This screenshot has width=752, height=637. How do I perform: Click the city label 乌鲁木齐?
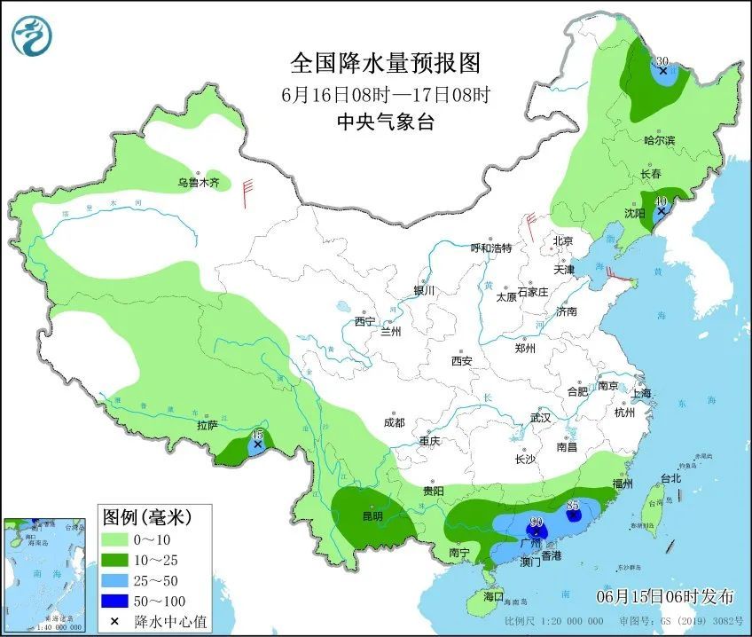[197, 183]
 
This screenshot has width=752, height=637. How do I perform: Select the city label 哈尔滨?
[659, 140]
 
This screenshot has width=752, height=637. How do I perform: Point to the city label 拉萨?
[207, 426]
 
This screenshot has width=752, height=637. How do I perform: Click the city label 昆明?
[372, 515]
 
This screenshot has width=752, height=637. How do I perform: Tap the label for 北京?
[564, 241]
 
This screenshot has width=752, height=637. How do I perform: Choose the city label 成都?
[394, 423]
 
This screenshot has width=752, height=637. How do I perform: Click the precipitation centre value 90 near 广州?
[536, 522]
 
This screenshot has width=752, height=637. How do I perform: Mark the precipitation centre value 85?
[573, 506]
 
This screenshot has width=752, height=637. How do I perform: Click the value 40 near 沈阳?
[660, 202]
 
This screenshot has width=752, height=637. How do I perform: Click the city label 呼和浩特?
[491, 248]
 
